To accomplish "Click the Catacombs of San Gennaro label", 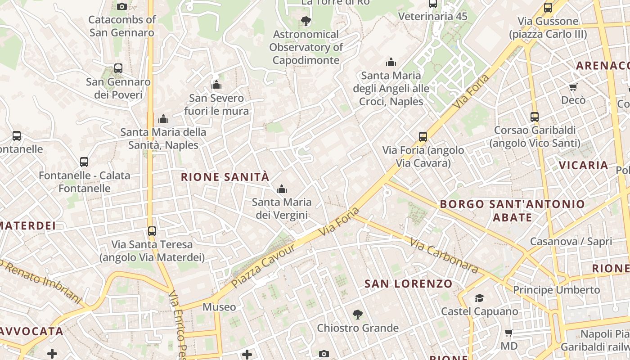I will [x=122, y=26].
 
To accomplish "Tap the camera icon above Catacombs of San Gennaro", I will [x=122, y=6].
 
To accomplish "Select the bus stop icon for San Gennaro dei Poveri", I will [x=118, y=68].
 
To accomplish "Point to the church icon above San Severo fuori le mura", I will [x=216, y=85].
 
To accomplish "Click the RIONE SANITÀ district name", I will [x=225, y=177].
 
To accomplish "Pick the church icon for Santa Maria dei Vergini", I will [x=282, y=189].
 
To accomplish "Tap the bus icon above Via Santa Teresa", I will [x=152, y=231].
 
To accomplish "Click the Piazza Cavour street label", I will [x=263, y=265].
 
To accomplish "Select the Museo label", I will [x=219, y=307].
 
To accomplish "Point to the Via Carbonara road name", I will [x=443, y=256].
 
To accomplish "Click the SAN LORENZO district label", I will [x=408, y=283].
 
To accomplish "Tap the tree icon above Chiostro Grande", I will [x=358, y=314].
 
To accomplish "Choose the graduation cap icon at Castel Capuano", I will [x=479, y=298].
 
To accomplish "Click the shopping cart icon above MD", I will [x=509, y=333].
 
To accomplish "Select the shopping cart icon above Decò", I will [x=573, y=87].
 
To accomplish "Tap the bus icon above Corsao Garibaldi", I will [x=535, y=117].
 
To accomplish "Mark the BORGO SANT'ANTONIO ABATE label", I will [x=513, y=211].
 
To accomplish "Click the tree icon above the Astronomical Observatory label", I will [x=306, y=21].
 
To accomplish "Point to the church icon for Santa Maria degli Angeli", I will [x=391, y=62].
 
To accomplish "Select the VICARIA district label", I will [x=584, y=165].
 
